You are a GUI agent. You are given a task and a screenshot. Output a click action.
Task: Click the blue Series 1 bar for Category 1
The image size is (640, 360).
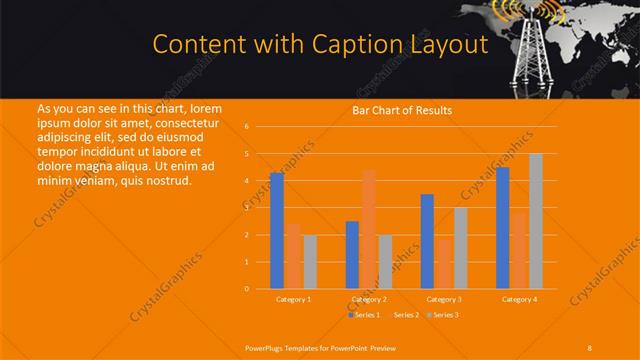point(277,231)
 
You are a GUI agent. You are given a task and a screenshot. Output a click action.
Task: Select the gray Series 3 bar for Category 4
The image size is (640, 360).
point(536,221)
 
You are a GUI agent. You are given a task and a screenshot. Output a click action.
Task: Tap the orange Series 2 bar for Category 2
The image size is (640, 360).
point(369,229)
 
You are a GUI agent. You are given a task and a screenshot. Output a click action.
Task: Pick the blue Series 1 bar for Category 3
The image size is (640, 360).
point(428,241)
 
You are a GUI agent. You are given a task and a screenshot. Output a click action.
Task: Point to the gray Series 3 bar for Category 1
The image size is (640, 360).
point(310,262)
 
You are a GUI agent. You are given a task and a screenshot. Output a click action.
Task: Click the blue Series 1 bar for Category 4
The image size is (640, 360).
point(503,228)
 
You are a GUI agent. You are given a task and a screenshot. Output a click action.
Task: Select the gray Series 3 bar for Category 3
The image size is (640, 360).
point(461,248)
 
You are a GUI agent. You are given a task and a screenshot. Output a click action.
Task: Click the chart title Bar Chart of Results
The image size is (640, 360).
point(401,110)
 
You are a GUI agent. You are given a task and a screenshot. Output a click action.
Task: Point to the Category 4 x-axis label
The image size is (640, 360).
point(520,299)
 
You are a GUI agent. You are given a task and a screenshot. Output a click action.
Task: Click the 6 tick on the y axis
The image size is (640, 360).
point(247,127)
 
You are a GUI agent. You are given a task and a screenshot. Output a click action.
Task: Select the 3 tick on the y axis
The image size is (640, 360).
point(247,208)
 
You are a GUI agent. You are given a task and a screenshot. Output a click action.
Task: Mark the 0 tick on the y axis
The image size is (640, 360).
point(247,289)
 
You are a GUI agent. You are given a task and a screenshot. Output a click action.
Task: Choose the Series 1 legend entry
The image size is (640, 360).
point(366,315)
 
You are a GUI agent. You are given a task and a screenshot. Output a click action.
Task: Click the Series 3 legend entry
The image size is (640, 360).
point(444,315)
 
